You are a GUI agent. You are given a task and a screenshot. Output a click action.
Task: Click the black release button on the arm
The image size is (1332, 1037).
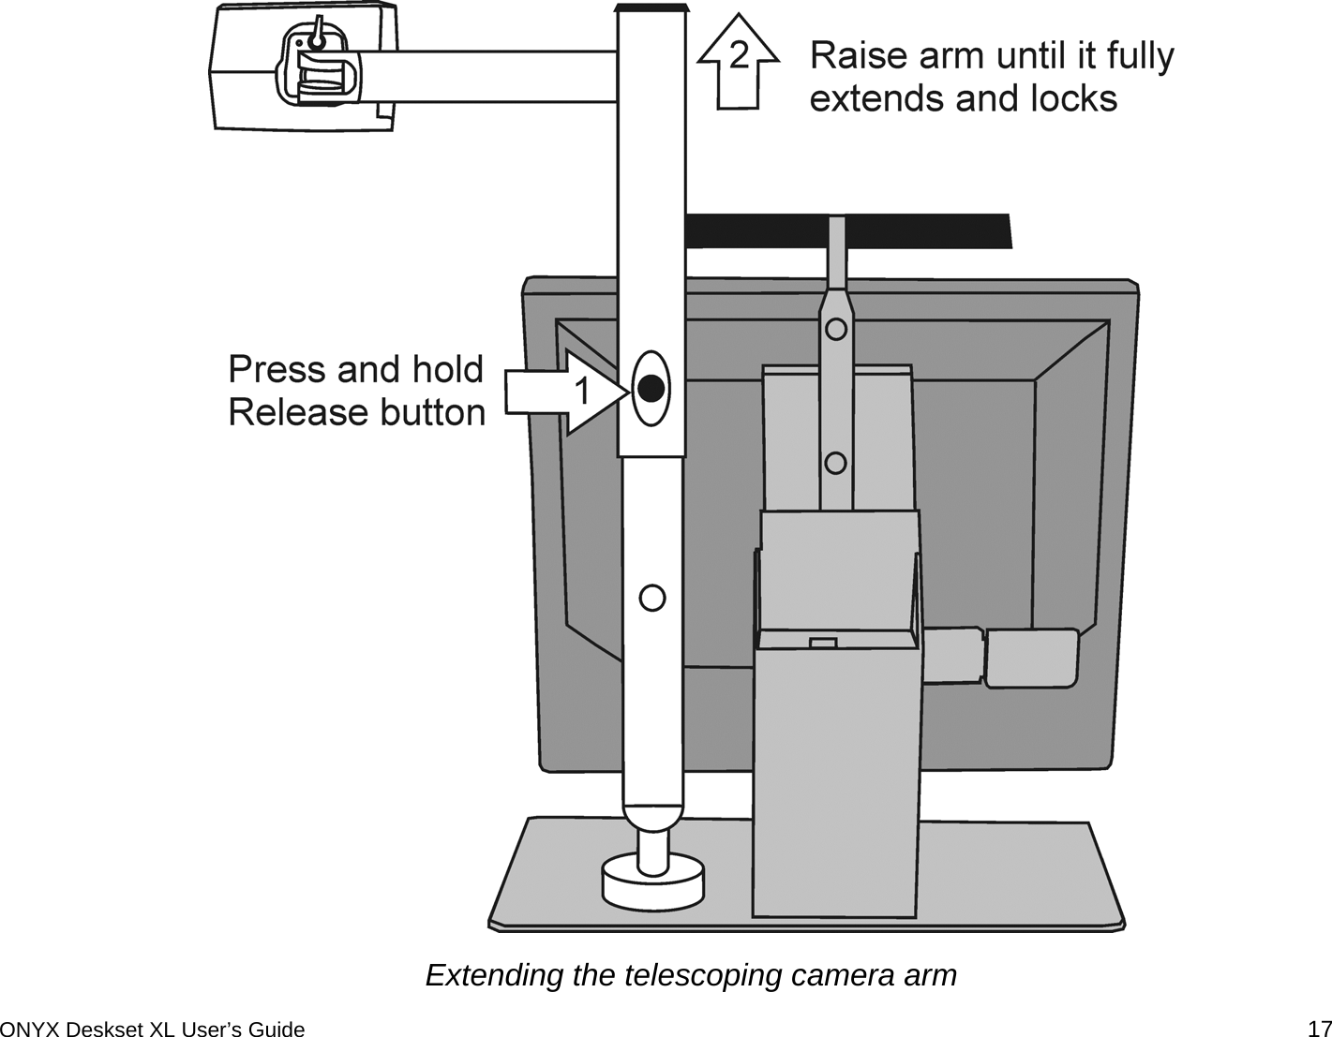(x=651, y=388)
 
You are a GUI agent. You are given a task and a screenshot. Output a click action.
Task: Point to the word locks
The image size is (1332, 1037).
(x=1070, y=98)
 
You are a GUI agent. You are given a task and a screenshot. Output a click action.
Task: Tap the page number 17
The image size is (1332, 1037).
(x=1319, y=1029)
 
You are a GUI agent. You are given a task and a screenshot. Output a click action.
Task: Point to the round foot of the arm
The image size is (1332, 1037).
(x=652, y=881)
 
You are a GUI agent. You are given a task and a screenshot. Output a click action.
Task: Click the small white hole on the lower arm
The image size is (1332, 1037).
(x=652, y=597)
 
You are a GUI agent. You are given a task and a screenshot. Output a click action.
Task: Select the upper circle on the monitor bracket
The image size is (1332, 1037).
(x=836, y=329)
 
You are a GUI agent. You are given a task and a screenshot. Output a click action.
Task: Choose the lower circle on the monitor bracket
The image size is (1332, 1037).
(x=836, y=463)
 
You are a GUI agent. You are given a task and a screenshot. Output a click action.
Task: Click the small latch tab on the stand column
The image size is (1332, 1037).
(x=823, y=642)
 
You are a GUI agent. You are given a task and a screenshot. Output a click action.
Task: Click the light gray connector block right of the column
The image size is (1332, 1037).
(x=1031, y=659)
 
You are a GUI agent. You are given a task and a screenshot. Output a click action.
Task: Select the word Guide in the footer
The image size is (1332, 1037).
(x=278, y=1030)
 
